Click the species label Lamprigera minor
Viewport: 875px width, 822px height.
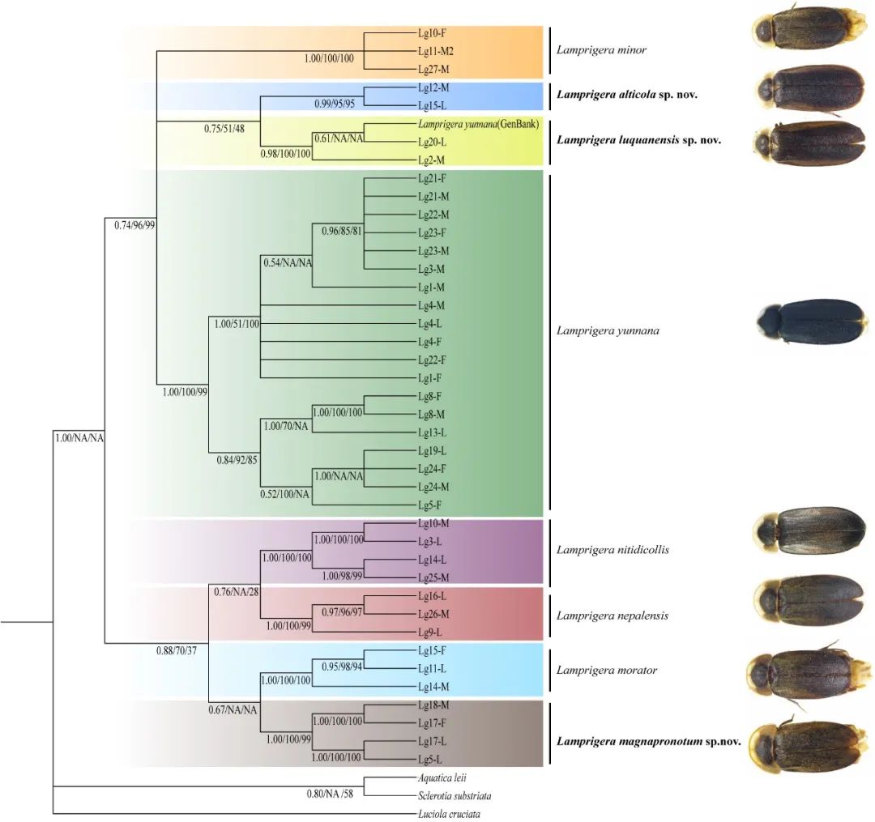pos(601,50)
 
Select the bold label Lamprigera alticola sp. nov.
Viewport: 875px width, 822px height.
pos(627,95)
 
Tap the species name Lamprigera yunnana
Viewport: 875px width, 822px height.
pos(608,330)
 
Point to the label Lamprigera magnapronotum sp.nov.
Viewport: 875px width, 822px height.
pos(648,740)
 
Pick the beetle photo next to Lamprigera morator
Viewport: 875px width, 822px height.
pos(806,672)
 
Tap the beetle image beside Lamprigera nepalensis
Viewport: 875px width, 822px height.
pos(807,603)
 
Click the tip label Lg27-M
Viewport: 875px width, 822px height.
pos(433,69)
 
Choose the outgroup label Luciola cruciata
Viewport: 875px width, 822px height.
pos(447,814)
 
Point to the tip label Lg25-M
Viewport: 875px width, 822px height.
pos(433,577)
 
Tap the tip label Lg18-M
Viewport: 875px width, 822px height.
pos(433,705)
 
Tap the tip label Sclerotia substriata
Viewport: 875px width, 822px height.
pos(455,796)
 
